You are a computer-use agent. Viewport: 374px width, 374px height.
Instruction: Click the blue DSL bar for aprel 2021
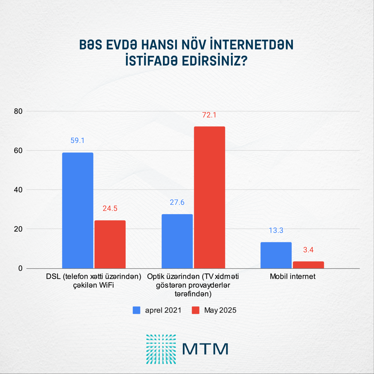coord(78,210)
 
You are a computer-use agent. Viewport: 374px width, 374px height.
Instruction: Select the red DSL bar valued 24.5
coord(110,244)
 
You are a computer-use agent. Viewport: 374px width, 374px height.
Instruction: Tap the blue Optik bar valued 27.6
coord(177,241)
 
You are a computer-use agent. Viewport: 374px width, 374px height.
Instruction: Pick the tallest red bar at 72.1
coord(209,197)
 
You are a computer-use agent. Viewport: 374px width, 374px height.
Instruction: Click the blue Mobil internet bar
coord(276,255)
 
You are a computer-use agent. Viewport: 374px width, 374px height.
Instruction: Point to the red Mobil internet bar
coord(308,265)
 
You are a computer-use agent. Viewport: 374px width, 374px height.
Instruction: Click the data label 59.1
coord(78,141)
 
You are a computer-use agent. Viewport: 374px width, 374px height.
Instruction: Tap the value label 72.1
coord(209,115)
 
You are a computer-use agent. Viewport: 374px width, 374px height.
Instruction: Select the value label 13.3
coord(276,230)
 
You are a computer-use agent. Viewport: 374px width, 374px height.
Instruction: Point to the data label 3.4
coord(308,250)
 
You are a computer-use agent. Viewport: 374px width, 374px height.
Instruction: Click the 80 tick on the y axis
coord(18,111)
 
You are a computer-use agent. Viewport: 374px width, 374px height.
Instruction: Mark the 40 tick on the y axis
coord(18,190)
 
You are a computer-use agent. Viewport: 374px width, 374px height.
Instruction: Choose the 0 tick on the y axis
coord(20,268)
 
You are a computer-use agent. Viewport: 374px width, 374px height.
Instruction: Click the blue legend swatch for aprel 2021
coord(137,310)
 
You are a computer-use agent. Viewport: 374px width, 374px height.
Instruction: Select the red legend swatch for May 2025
coord(195,310)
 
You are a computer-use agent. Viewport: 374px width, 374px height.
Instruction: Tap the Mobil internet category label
coord(293,276)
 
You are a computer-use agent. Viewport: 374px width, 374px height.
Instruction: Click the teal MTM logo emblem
coord(161,349)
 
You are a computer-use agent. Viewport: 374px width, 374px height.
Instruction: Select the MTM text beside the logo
coord(205,349)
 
